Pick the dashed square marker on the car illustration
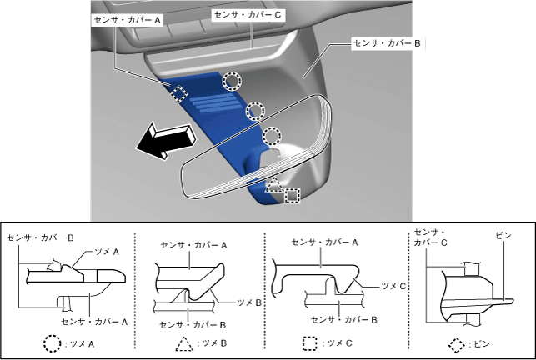(292, 195)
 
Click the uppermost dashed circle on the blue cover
(233, 80)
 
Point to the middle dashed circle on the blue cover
(255, 110)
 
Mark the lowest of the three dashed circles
(272, 137)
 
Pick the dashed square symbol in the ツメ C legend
(310, 342)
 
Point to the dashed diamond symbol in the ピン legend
(457, 342)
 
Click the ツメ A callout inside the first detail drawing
(105, 250)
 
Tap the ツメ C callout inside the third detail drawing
(392, 285)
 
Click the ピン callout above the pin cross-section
(503, 236)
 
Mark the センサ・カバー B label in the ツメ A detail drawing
(41, 237)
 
